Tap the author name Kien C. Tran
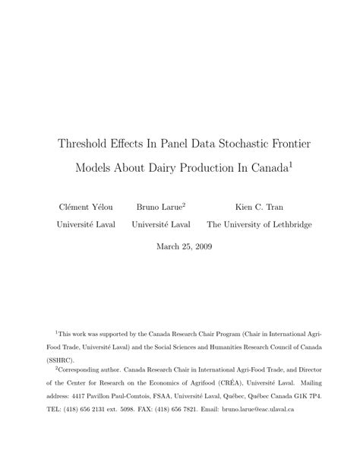pyautogui.click(x=257, y=205)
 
